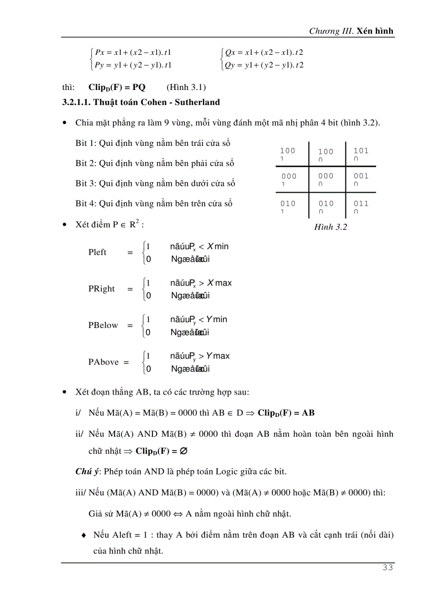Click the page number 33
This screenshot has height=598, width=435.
point(388,568)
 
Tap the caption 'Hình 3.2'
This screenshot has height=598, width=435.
point(331,227)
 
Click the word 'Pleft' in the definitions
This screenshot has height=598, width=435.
point(98,252)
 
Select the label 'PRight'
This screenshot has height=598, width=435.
point(102,289)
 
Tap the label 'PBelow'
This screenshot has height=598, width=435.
point(103,325)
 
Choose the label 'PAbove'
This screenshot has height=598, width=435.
point(103,362)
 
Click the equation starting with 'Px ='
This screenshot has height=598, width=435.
point(132,52)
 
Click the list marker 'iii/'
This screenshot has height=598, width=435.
point(81,493)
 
